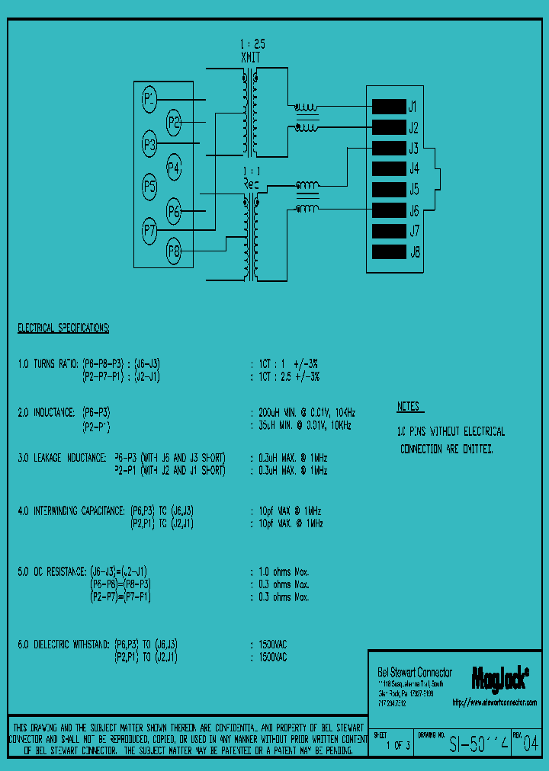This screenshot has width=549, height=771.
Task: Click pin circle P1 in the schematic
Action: (149, 98)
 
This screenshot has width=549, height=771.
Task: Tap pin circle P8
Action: (174, 250)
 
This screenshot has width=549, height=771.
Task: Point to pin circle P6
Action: (174, 210)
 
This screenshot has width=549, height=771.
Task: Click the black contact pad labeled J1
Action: (388, 106)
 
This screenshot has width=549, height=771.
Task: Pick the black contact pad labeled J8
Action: (388, 251)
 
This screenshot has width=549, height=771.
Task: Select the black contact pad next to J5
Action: (388, 189)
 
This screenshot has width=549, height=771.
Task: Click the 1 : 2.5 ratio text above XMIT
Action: (252, 44)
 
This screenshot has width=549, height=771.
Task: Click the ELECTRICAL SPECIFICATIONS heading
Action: (63, 328)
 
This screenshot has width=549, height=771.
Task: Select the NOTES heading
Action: (410, 407)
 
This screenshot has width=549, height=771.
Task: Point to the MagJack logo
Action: (500, 676)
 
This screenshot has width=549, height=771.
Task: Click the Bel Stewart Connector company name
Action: (415, 672)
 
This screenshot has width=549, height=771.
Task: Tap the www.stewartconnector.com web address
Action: (494, 702)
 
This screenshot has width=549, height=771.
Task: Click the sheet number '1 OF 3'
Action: (397, 746)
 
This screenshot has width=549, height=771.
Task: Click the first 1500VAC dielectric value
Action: (273, 644)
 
